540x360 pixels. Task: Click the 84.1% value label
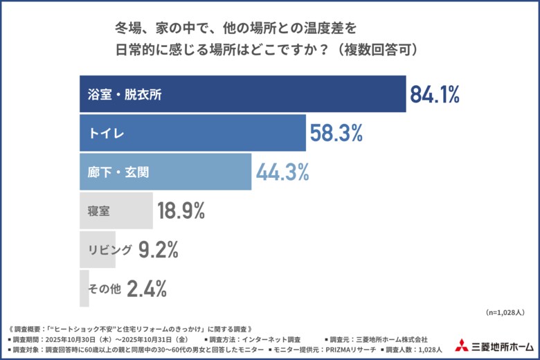435,95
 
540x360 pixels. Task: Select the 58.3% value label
336,134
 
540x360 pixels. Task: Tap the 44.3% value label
282,172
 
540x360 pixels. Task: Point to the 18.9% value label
181,211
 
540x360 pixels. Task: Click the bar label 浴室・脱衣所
125,95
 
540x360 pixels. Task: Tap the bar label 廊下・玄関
118,172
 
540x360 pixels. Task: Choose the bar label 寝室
99,211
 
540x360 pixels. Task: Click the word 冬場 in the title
128,30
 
